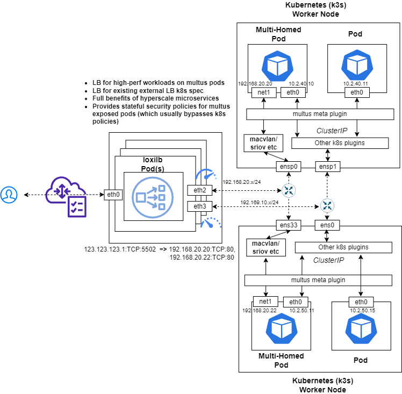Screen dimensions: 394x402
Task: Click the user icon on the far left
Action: tap(9, 195)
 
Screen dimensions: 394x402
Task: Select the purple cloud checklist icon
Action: tap(66, 198)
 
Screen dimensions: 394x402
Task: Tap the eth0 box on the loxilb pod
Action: tap(114, 195)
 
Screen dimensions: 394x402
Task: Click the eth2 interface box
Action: tap(199, 190)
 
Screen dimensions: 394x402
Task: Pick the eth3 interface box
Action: tap(199, 206)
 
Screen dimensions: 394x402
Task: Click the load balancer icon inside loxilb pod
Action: tap(153, 196)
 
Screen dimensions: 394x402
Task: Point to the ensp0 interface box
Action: tap(288, 166)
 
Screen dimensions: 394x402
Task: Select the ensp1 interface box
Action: tap(327, 166)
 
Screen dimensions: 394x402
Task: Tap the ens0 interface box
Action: tap(327, 225)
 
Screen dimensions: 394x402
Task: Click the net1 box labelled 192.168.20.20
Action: tap(264, 92)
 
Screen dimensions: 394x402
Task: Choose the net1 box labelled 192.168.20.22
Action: tap(265, 302)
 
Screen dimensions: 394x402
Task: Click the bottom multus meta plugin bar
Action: tap(318, 280)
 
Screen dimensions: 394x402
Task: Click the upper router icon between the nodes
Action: tap(289, 190)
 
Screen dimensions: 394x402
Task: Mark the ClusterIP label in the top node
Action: tap(331, 131)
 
